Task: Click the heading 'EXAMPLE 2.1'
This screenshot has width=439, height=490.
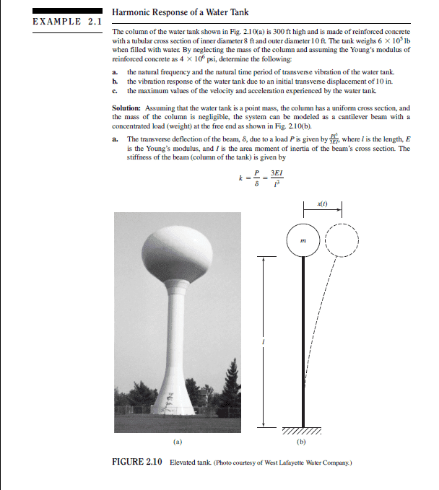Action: (x=67, y=21)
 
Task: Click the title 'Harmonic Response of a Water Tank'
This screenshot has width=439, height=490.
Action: (x=181, y=12)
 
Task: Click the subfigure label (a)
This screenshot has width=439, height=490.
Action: (x=178, y=439)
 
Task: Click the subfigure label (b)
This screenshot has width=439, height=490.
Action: (x=302, y=439)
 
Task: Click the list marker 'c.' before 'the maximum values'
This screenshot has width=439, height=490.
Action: (x=116, y=91)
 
